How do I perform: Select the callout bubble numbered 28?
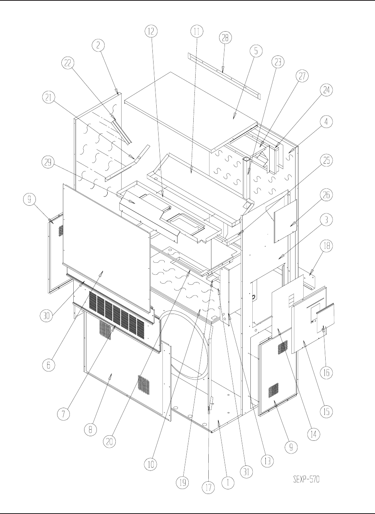pyautogui.click(x=225, y=38)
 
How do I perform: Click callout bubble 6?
pyautogui.click(x=49, y=365)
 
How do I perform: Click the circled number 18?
pyautogui.click(x=326, y=246)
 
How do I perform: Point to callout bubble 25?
pyautogui.click(x=326, y=161)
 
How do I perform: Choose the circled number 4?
pyautogui.click(x=326, y=122)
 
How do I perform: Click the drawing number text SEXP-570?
pyautogui.click(x=306, y=480)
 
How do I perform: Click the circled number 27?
pyautogui.click(x=302, y=77)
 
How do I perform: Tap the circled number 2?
pyautogui.click(x=98, y=45)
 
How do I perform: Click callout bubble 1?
pyautogui.click(x=228, y=483)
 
